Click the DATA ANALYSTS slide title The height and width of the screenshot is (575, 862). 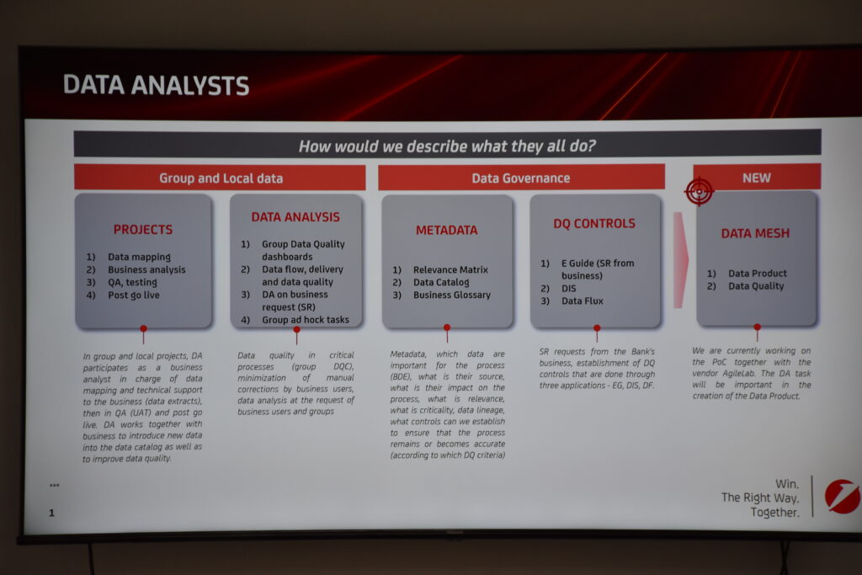tap(156, 86)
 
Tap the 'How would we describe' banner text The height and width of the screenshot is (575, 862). tap(447, 146)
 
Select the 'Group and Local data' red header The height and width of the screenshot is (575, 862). tap(221, 178)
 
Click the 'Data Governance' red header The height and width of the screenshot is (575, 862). tap(520, 178)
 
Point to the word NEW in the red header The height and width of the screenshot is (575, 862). tap(757, 178)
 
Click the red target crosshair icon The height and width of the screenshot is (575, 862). tap(699, 191)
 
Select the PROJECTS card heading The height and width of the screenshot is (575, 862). tap(143, 229)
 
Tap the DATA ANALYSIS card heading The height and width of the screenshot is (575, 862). tap(295, 217)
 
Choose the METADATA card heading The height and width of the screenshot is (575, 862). tap(446, 231)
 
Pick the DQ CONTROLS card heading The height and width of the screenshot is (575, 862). tap(594, 223)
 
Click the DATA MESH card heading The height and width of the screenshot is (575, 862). tap(755, 233)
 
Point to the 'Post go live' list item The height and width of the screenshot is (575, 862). tap(134, 295)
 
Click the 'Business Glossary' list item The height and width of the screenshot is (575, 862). tap(452, 295)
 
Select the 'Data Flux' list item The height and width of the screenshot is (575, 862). tap(583, 301)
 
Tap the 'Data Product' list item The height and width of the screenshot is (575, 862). tap(758, 274)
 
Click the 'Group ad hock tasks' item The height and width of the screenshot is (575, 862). tap(305, 320)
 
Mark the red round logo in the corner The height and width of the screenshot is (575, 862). tap(843, 497)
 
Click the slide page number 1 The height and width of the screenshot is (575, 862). tap(51, 513)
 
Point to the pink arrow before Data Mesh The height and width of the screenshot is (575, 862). tap(680, 260)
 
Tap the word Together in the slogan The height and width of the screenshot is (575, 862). tap(774, 513)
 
